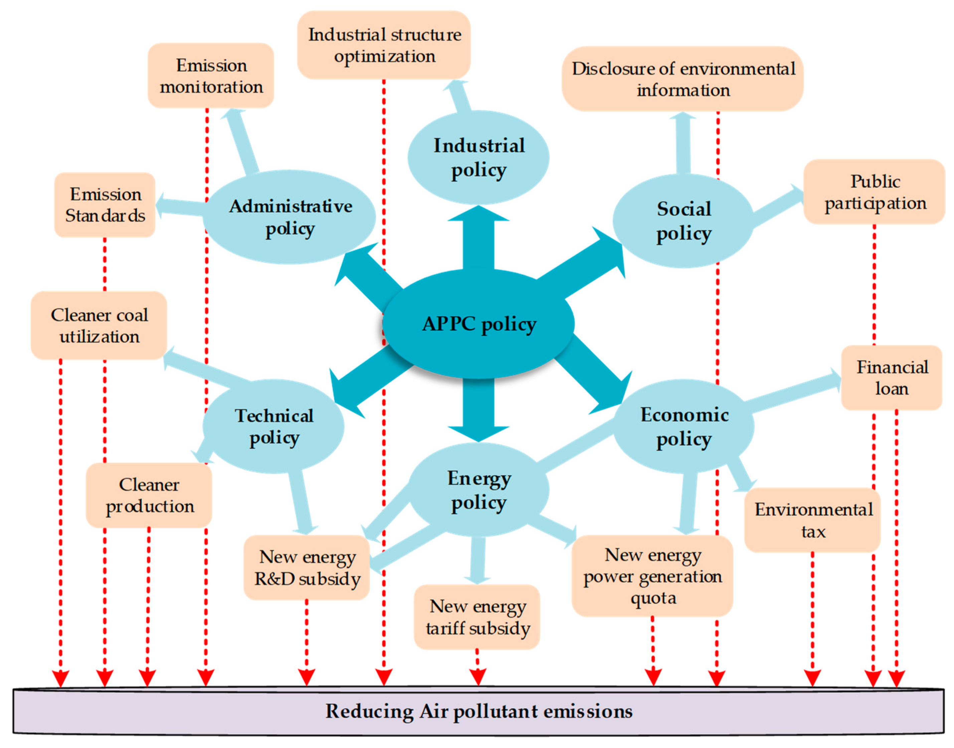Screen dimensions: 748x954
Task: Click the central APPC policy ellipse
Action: (478, 324)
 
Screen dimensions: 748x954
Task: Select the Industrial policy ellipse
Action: (478, 158)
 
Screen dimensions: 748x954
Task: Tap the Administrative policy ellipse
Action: (290, 217)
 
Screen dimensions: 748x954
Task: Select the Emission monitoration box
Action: (211, 76)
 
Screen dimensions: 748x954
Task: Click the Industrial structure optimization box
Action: (384, 45)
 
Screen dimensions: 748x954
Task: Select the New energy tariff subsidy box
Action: (477, 617)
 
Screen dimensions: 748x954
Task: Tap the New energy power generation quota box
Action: (652, 576)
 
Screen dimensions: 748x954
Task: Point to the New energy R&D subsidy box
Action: (307, 568)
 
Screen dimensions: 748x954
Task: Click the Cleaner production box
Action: (149, 495)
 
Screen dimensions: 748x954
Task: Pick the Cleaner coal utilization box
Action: (99, 325)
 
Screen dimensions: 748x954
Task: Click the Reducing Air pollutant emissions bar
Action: (478, 711)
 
